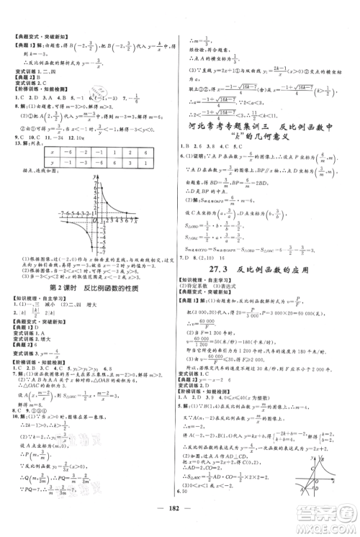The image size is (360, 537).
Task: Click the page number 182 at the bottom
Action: click(180, 518)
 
